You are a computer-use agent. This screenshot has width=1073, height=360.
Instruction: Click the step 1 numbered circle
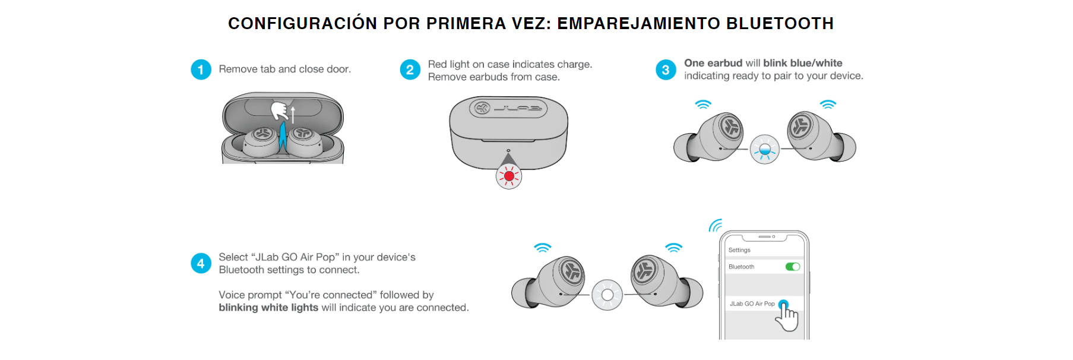201,70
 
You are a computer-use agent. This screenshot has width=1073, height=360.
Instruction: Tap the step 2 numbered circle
410,70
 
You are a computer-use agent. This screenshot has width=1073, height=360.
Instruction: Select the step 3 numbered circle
666,70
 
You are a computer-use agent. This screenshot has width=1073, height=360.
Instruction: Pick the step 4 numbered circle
201,263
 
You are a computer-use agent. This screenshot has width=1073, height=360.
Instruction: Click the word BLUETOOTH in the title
780,24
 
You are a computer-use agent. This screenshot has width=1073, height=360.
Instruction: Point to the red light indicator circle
509,176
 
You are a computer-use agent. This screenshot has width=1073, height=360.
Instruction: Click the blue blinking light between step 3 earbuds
765,149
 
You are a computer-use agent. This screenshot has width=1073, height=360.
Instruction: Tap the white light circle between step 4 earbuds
607,295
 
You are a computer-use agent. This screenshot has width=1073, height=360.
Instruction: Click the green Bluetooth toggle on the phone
793,267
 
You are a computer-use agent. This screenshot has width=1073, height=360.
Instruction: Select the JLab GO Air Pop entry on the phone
752,304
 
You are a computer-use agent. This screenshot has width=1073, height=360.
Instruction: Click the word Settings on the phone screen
739,250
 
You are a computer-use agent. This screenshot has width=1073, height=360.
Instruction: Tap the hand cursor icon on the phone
787,317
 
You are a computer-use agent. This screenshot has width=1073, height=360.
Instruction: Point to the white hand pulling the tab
279,110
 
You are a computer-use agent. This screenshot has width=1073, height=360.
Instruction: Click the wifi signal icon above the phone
715,226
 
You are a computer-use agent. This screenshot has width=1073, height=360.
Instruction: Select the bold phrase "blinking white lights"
268,308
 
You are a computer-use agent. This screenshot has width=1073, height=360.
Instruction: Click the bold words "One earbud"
713,63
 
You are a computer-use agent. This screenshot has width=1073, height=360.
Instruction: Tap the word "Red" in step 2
437,64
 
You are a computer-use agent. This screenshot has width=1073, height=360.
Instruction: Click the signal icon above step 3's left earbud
703,105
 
